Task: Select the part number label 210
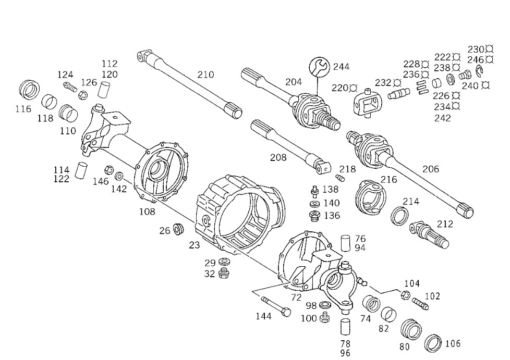205,75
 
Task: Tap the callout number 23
195,244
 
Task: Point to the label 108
147,212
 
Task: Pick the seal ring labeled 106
433,343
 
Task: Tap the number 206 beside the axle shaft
431,169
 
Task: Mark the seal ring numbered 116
29,90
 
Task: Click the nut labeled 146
109,170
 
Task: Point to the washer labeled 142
119,176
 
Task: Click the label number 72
296,297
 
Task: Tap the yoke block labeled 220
368,103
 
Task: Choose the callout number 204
294,82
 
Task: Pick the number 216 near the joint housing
389,179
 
